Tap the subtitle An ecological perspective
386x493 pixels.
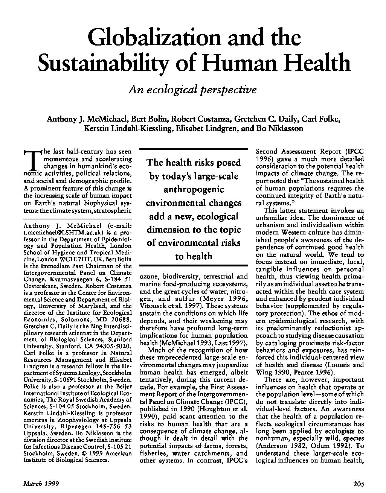click(193, 90)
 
